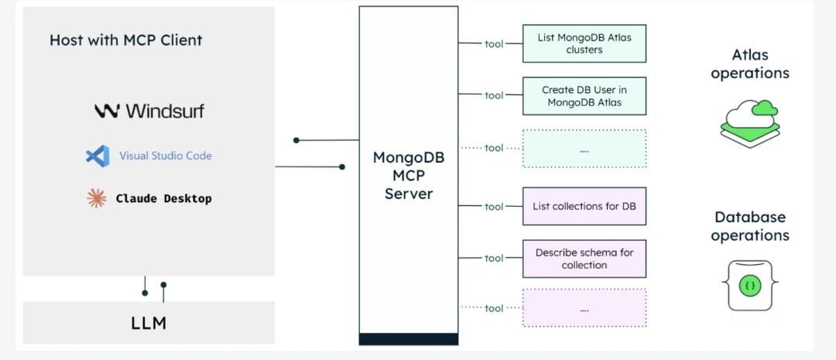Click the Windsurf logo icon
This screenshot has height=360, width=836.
(x=106, y=111)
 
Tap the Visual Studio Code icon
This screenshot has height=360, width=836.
(x=98, y=156)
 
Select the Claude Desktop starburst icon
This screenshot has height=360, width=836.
(x=96, y=198)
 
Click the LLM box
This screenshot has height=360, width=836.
(x=149, y=322)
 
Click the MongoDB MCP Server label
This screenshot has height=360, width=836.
(x=409, y=175)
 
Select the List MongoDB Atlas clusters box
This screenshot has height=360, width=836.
(x=584, y=43)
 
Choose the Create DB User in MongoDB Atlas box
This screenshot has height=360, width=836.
(x=584, y=96)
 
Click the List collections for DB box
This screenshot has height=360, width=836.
(x=584, y=207)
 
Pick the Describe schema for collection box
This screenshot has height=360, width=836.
(x=584, y=259)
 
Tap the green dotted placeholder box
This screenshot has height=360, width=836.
(x=584, y=148)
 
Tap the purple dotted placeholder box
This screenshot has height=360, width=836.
(x=584, y=308)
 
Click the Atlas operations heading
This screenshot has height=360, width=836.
(x=749, y=64)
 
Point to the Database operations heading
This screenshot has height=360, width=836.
(x=749, y=226)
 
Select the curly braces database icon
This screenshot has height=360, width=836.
(x=749, y=286)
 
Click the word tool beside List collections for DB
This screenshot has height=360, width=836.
(x=494, y=207)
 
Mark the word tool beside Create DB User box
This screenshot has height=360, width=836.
(x=494, y=96)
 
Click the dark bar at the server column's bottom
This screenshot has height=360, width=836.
(x=409, y=338)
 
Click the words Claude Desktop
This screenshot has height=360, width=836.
(x=163, y=198)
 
